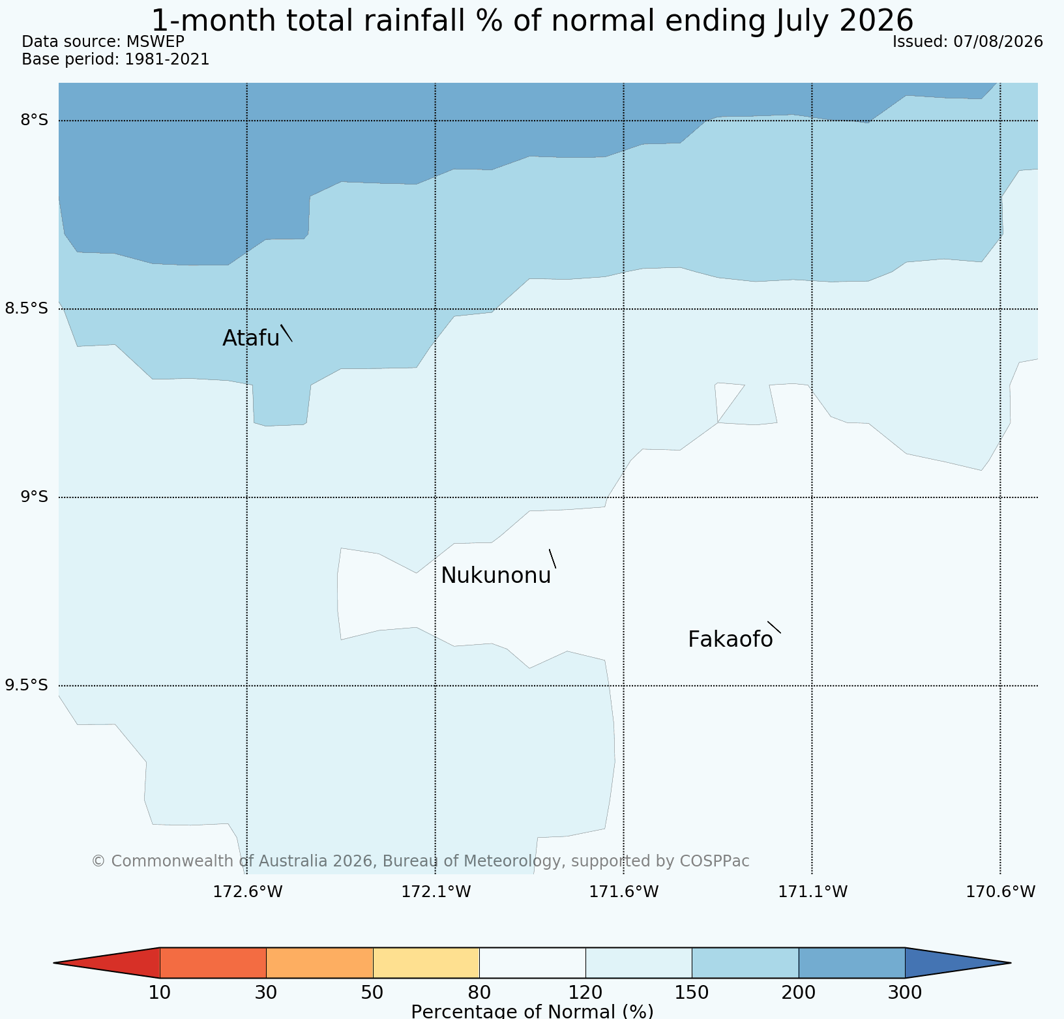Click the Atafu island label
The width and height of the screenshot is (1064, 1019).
[251, 338]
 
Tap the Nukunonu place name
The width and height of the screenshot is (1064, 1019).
[496, 576]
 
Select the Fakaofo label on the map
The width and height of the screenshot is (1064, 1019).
[730, 640]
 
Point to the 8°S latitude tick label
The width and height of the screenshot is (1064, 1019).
[35, 120]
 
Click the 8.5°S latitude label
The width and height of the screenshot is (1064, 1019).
[27, 308]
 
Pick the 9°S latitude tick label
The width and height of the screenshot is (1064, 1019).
[35, 497]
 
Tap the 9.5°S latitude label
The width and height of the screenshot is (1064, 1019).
[27, 685]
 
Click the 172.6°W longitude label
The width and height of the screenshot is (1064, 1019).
[248, 891]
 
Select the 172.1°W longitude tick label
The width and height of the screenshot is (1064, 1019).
[436, 891]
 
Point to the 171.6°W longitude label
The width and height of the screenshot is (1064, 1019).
[624, 891]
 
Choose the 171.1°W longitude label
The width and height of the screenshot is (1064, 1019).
[813, 891]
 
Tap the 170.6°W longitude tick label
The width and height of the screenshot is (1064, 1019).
[1001, 891]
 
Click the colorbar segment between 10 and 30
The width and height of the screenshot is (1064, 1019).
[213, 963]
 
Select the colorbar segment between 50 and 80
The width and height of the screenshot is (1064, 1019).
[426, 963]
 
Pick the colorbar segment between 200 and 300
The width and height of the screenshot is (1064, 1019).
[852, 963]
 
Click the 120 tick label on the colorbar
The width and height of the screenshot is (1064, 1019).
[585, 993]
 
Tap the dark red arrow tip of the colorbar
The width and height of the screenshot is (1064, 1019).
[55, 963]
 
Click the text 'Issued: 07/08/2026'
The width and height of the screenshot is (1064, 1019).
[968, 42]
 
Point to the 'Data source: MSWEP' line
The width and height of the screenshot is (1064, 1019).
[103, 42]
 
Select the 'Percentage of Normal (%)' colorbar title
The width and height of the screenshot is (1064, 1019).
[532, 1011]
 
